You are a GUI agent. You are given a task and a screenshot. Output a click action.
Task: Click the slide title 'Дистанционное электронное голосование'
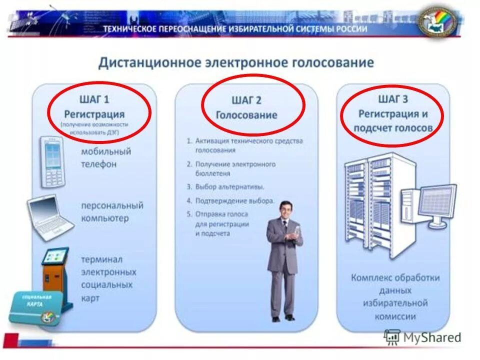[x=236, y=62]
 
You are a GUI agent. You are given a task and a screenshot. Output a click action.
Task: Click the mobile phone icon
[x=52, y=160]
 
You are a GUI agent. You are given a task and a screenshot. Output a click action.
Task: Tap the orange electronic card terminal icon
[x=54, y=267]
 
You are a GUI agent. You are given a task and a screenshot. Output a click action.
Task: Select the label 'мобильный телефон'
[x=106, y=157]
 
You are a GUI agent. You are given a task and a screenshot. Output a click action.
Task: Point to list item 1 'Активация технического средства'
[x=244, y=145]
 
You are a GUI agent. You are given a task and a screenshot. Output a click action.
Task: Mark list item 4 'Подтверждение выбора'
[x=230, y=200]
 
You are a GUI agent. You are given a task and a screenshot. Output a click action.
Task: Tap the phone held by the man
[x=296, y=231]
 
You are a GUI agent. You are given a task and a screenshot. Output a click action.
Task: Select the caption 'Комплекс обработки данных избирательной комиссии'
[x=395, y=296]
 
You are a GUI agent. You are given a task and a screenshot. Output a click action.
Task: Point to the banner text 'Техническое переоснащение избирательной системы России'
[x=235, y=29]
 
